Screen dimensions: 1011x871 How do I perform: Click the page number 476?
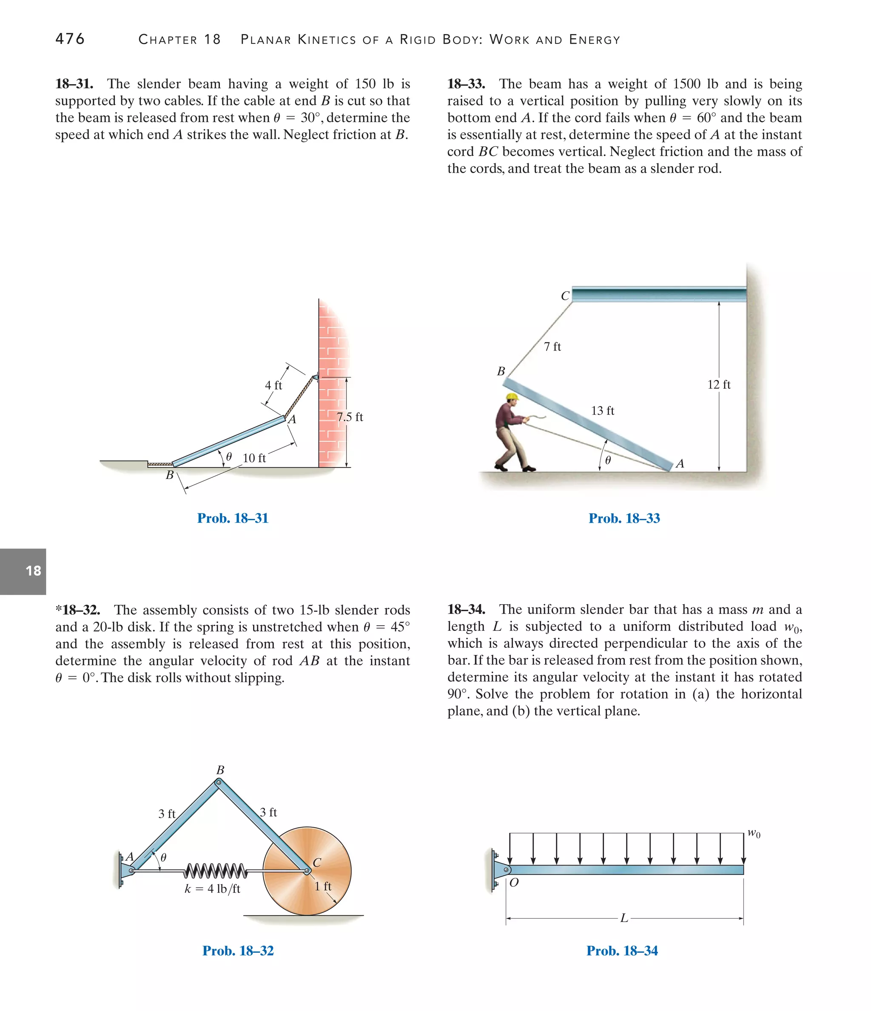70,39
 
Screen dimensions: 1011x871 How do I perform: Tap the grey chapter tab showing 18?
23,571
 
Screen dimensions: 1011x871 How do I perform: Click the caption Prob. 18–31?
233,518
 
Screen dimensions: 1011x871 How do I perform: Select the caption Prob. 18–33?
624,518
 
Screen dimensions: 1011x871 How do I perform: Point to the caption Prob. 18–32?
238,951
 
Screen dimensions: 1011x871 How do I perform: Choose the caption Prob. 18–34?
622,951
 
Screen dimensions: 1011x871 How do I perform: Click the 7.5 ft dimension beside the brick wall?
350,417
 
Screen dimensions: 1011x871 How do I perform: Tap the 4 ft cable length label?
273,385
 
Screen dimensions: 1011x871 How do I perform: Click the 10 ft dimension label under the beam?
254,458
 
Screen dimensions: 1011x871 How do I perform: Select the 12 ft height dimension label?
719,384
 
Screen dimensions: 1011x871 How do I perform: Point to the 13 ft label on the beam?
603,410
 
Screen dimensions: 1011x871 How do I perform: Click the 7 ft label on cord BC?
552,347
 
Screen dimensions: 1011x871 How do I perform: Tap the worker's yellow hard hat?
512,397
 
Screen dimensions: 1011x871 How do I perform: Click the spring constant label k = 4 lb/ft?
212,889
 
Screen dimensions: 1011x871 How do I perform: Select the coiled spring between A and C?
216,870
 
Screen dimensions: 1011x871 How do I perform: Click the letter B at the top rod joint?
220,770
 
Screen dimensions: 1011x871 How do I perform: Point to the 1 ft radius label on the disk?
322,886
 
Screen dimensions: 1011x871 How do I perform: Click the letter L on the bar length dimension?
623,918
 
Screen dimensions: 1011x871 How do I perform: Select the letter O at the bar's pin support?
514,882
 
